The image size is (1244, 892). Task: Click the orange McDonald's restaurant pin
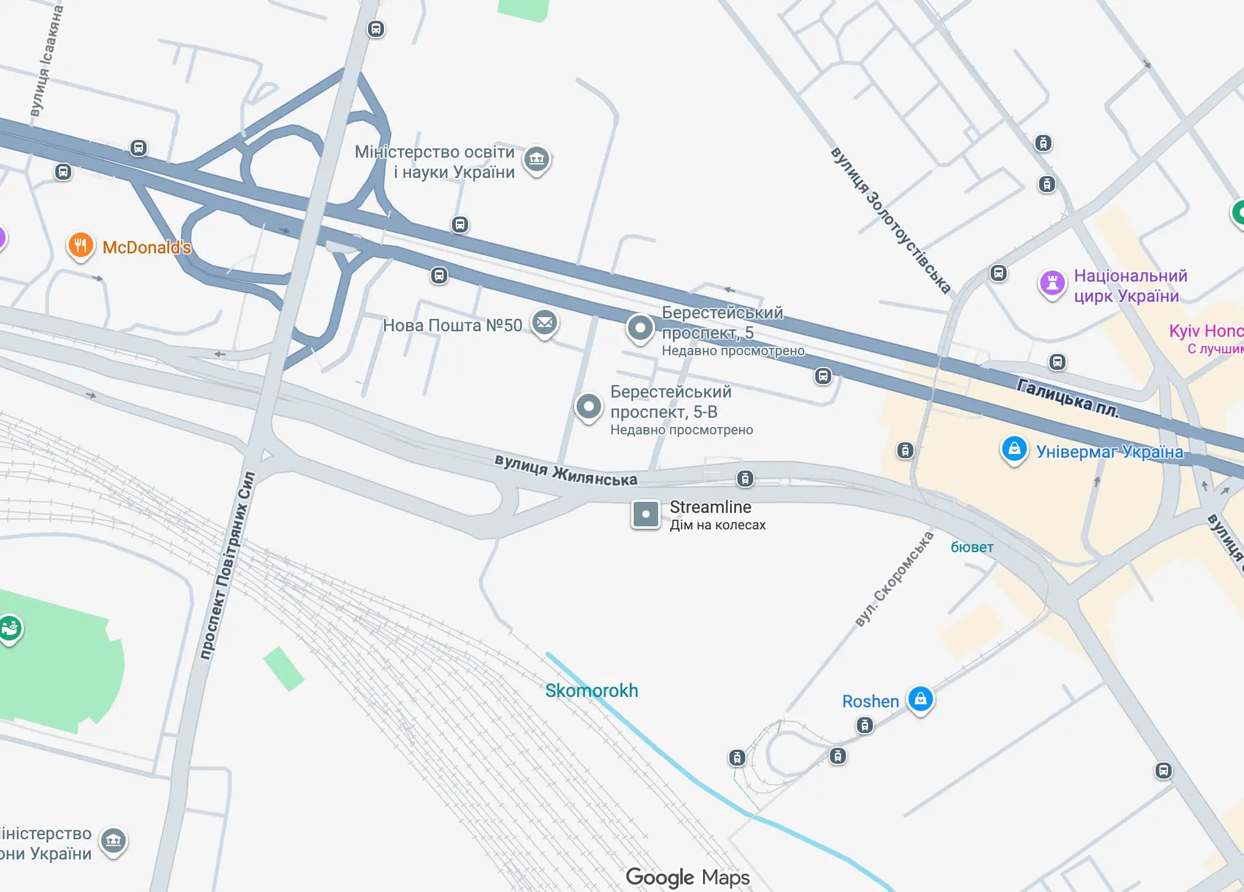(80, 246)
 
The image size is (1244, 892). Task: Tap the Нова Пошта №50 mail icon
(544, 322)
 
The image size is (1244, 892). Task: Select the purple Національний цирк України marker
(1052, 284)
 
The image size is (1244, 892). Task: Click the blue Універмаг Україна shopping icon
(1014, 449)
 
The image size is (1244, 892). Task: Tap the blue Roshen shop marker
(920, 699)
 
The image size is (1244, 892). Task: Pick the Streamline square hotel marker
(645, 514)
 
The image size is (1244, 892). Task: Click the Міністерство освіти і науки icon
(537, 160)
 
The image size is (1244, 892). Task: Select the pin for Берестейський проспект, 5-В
(588, 406)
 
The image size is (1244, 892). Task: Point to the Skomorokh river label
(591, 691)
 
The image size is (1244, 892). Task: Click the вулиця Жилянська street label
(566, 471)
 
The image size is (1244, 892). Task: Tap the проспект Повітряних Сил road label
(227, 564)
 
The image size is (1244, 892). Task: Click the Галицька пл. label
(1068, 398)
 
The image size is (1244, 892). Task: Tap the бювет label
(972, 547)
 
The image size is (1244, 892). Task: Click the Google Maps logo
(688, 877)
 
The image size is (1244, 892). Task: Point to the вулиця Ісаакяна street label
(47, 61)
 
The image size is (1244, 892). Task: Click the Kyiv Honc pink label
(1206, 331)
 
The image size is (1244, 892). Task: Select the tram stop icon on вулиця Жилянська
(745, 479)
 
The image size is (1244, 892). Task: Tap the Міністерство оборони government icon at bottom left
(113, 840)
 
